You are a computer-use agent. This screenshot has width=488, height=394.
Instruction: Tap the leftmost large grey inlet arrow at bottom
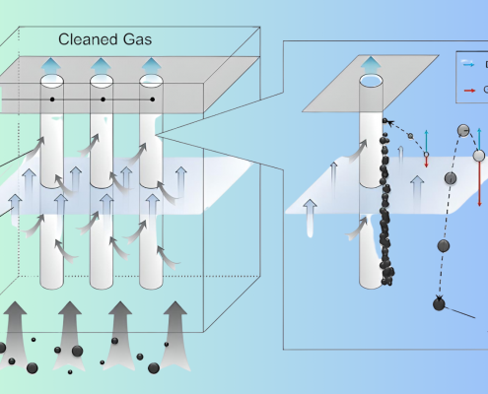[x=21, y=329]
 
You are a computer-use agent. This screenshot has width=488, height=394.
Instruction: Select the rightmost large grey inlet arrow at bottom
[x=174, y=329]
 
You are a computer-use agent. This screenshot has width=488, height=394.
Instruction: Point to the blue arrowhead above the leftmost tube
[x=54, y=65]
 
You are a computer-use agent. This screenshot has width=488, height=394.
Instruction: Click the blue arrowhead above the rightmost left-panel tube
[x=150, y=65]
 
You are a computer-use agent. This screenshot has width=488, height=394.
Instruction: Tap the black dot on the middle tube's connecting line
[x=104, y=100]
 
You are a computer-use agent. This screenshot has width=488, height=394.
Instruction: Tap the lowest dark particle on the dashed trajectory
[x=439, y=303]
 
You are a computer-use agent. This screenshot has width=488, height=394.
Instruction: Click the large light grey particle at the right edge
[x=479, y=155]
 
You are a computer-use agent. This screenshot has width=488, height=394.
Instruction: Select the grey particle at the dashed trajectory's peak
[x=462, y=130]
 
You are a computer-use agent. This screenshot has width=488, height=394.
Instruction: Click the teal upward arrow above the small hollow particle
[x=426, y=138]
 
